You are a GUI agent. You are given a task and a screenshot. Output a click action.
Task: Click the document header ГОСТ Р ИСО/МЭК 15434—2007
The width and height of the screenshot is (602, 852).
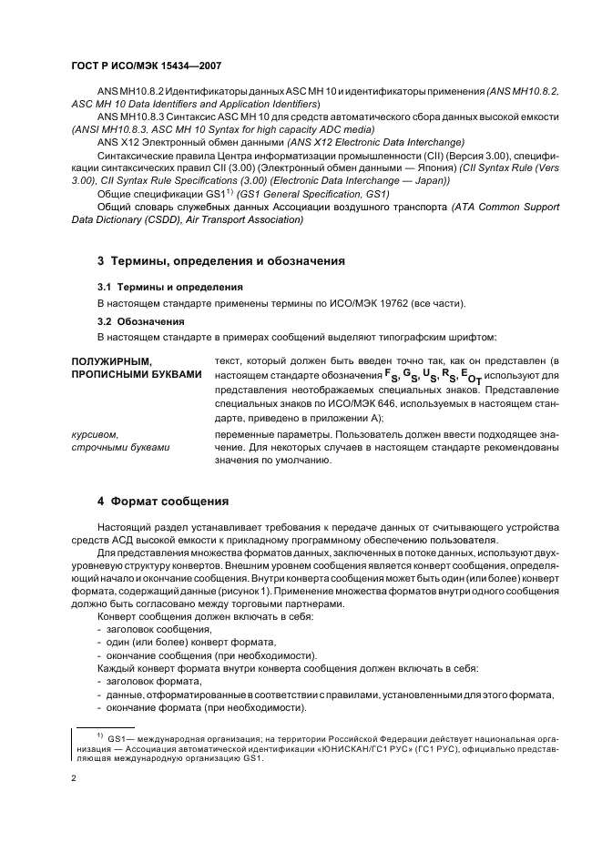point(146,66)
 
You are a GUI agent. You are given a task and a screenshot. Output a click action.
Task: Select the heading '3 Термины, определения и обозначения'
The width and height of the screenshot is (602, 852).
point(220,261)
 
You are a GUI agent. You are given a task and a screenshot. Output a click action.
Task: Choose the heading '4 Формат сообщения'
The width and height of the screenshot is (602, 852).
point(162,502)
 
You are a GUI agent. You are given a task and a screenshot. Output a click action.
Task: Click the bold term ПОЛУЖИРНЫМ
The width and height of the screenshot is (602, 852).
point(110,361)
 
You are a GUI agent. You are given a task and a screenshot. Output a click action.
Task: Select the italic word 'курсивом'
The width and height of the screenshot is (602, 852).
point(96,434)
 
